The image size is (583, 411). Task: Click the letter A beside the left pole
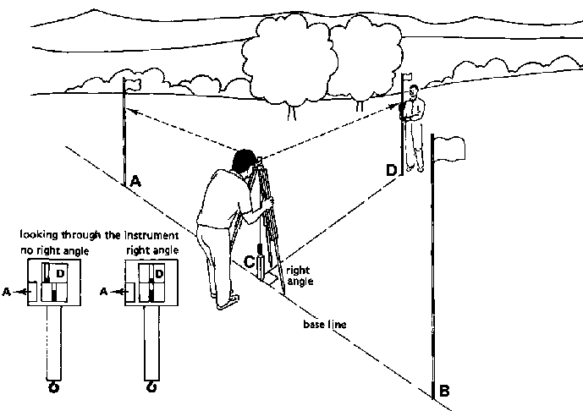click(x=135, y=180)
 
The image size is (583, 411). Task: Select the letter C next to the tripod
click(x=250, y=261)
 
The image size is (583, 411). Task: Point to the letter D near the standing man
click(x=391, y=170)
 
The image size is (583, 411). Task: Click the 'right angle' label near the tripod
click(x=300, y=275)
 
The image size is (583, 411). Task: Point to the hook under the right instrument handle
click(x=153, y=386)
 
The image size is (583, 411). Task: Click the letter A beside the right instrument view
click(x=103, y=291)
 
